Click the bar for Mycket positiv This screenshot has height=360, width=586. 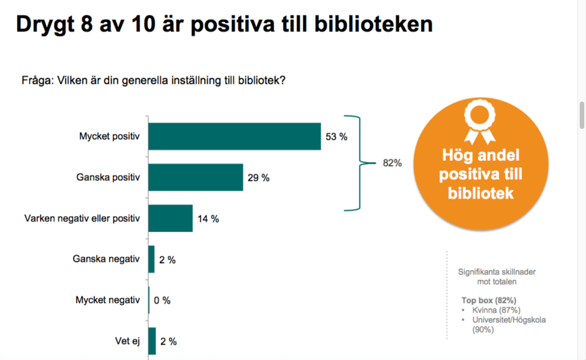[x=235, y=137]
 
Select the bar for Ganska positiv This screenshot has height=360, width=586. [x=196, y=177]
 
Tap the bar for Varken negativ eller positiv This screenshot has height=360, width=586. [x=171, y=219]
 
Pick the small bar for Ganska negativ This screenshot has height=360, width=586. [x=152, y=260]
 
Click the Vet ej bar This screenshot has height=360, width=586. [x=152, y=341]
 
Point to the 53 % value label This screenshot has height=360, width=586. [x=336, y=137]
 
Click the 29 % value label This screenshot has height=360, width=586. [x=258, y=178]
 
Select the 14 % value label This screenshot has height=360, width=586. [x=208, y=219]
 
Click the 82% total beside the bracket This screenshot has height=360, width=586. [x=392, y=163]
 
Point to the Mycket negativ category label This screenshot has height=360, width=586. [x=108, y=300]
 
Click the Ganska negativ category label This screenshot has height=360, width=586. [x=106, y=260]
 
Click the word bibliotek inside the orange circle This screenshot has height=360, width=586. [x=480, y=193]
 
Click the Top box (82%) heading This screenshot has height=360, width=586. [x=489, y=300]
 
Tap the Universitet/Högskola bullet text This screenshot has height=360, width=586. [x=508, y=320]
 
